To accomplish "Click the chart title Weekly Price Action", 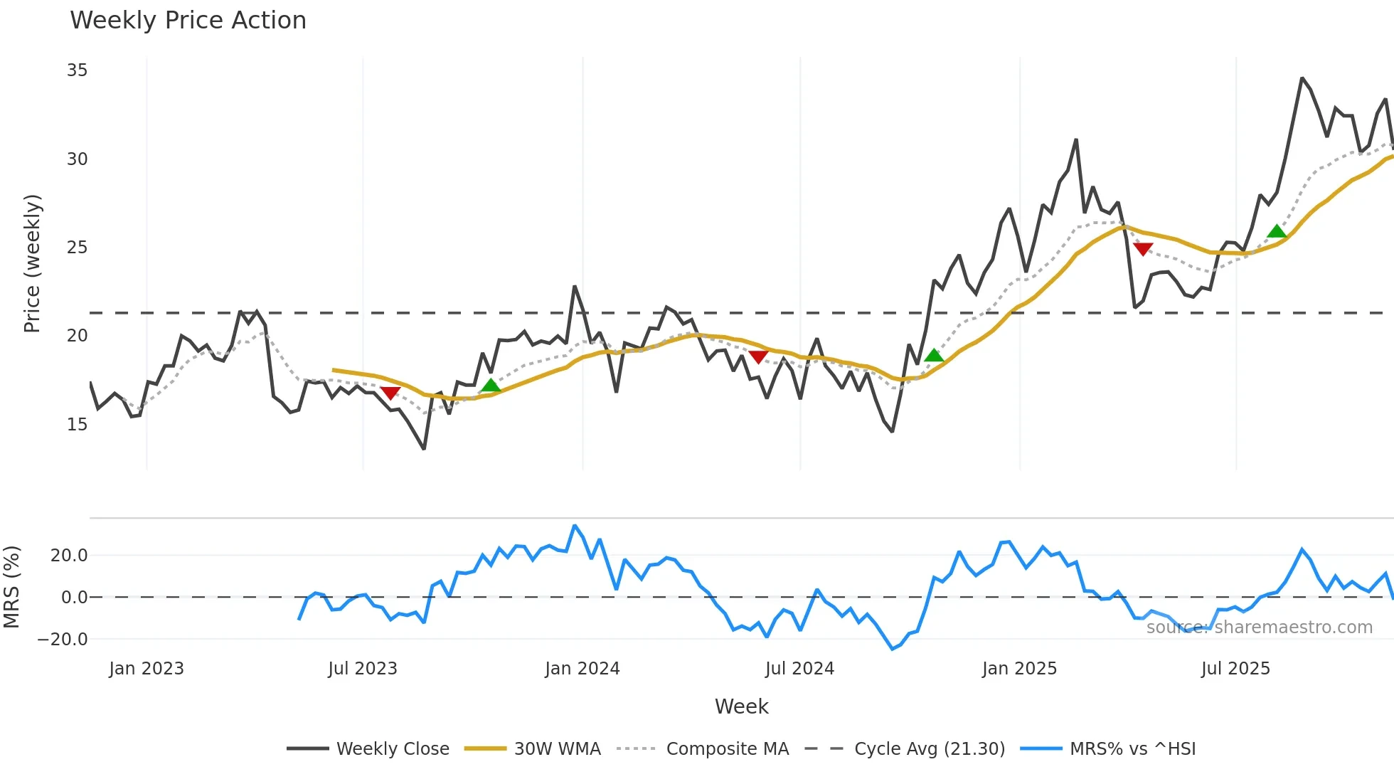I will (x=188, y=21).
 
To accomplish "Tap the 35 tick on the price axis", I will (x=77, y=70).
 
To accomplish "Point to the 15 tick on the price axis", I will (x=77, y=425).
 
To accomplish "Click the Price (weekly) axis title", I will (x=33, y=263).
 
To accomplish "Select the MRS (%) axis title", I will (x=11, y=587).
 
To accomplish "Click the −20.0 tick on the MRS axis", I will (x=63, y=640).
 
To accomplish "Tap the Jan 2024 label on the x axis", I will (x=582, y=669).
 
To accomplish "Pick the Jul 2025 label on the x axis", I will (x=1235, y=669).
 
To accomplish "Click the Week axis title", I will (x=741, y=706).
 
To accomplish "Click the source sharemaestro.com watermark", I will (x=1259, y=627).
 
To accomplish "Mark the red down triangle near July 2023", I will (x=390, y=393).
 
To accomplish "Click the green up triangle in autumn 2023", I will (x=491, y=386).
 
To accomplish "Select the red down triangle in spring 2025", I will (x=1143, y=248).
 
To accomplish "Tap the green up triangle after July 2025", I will (x=1277, y=231).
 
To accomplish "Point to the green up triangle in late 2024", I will (x=934, y=356).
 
